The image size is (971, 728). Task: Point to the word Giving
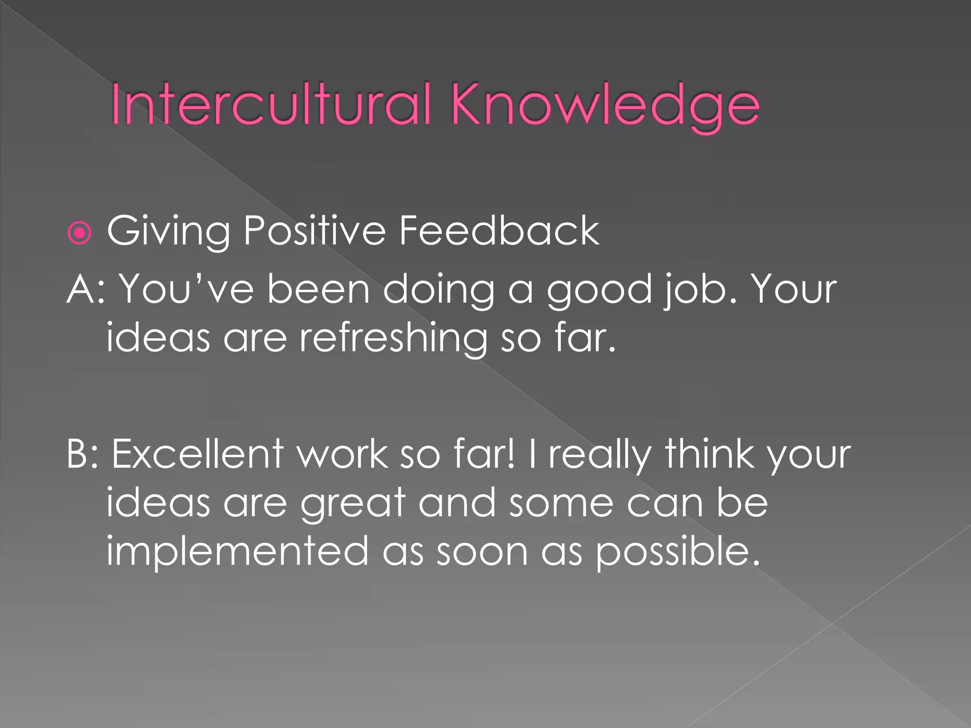coord(169,231)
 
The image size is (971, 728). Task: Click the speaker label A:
coord(85,289)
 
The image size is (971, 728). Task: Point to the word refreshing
coord(393,339)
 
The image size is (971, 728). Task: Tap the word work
coord(342,454)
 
